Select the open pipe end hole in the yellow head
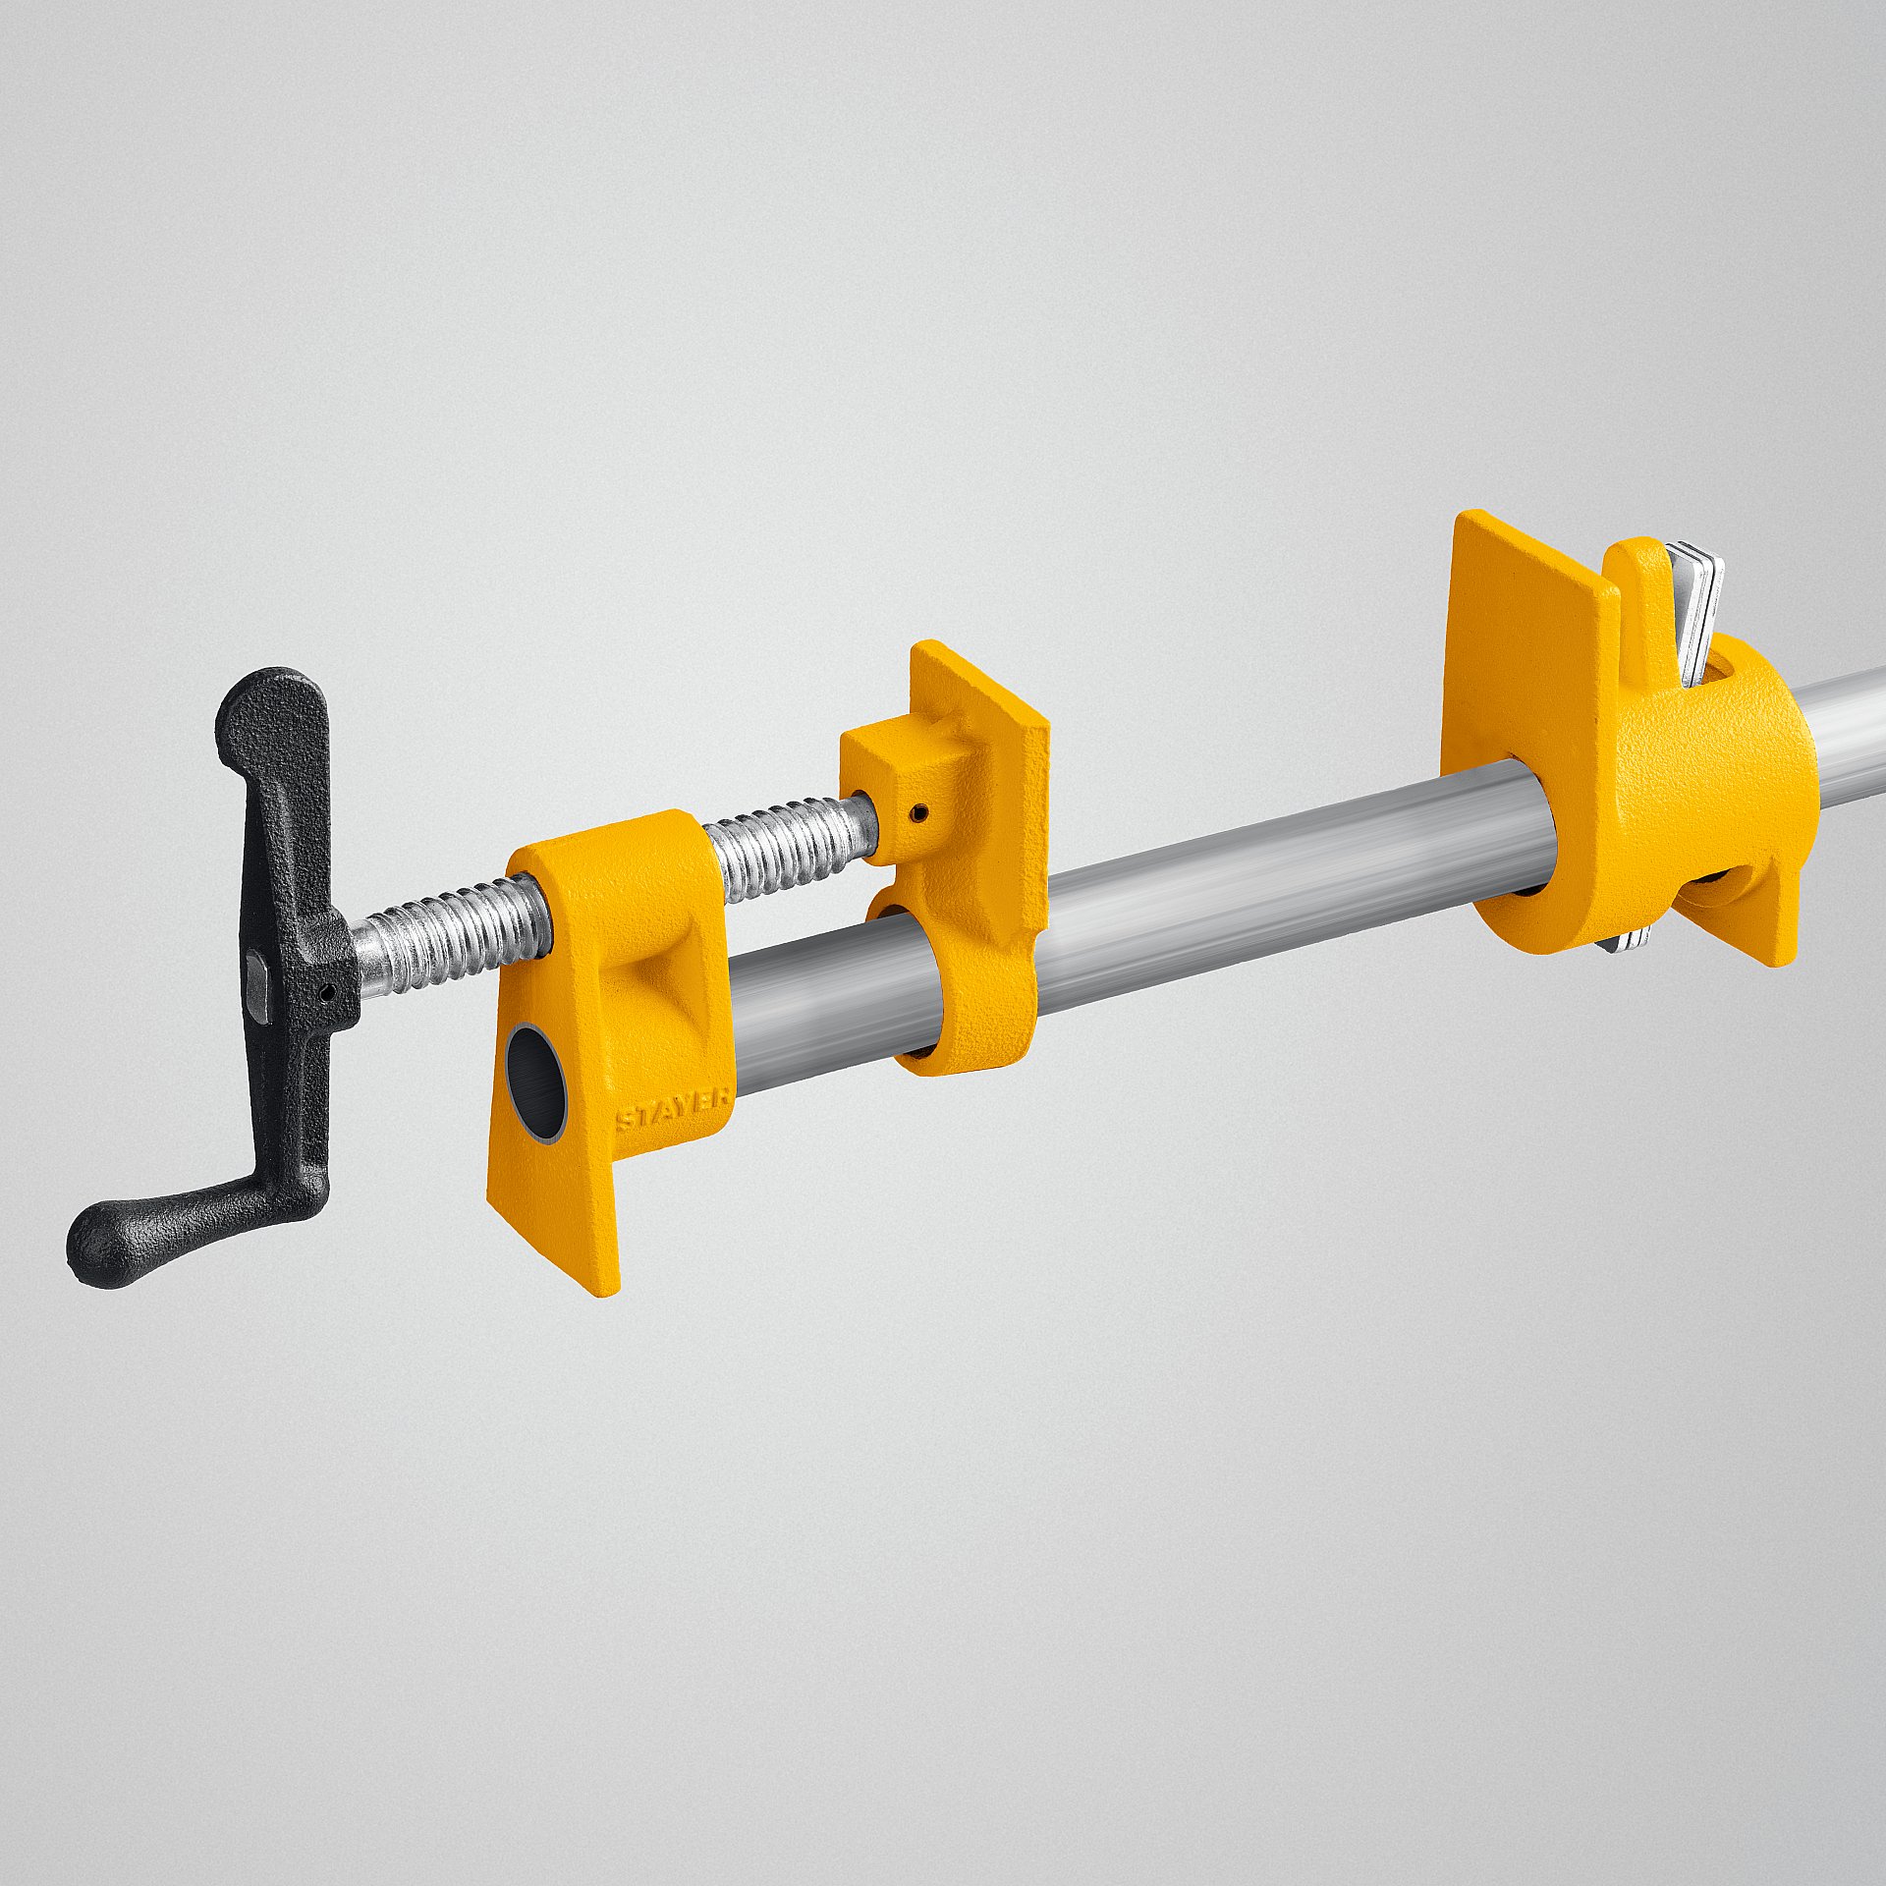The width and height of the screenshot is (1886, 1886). (536, 1081)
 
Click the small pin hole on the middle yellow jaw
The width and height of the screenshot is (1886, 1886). (918, 811)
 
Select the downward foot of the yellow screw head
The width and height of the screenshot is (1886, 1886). (555, 1228)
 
